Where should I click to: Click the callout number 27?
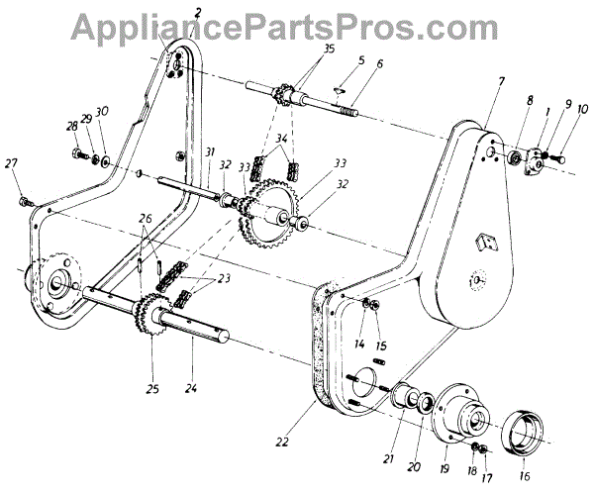click(x=12, y=163)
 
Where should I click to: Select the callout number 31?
click(x=210, y=150)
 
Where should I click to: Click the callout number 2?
click(x=199, y=12)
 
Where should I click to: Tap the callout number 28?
click(x=71, y=127)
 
